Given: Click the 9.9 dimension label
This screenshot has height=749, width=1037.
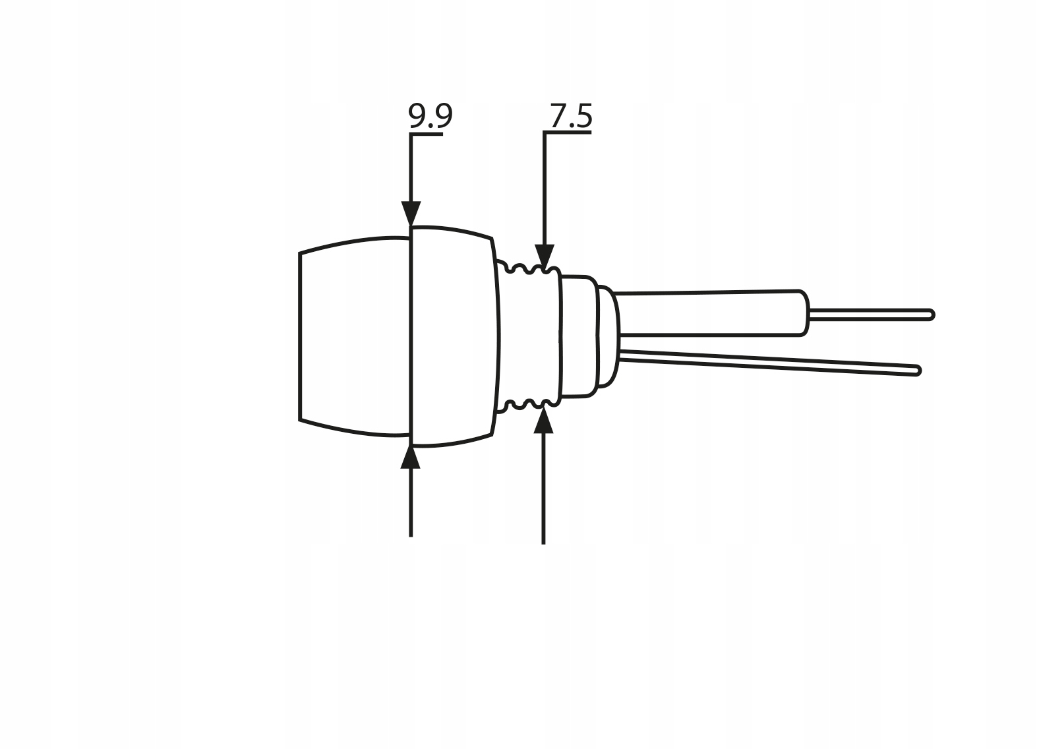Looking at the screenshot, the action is [430, 116].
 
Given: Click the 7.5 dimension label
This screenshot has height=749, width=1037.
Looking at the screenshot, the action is [571, 115].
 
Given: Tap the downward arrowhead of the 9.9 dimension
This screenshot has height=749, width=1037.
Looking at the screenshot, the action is [411, 214].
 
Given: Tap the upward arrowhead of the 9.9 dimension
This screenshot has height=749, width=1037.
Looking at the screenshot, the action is [410, 456].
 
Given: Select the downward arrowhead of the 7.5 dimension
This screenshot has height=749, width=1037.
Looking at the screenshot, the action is [544, 256].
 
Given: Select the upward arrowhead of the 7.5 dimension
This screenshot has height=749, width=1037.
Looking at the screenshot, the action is [543, 421].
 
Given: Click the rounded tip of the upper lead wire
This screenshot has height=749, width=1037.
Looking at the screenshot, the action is [931, 315].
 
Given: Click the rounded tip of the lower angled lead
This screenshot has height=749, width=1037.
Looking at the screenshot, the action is [917, 371].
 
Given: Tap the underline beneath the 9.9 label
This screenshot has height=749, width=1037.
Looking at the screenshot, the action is [426, 134].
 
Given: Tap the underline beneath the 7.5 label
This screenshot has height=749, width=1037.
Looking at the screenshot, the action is [568, 133].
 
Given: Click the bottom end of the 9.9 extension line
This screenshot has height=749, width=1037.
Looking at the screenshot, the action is [411, 537].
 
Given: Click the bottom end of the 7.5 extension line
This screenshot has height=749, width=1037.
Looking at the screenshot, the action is [543, 543].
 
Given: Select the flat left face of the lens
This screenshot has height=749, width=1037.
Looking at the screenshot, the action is [300, 336].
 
